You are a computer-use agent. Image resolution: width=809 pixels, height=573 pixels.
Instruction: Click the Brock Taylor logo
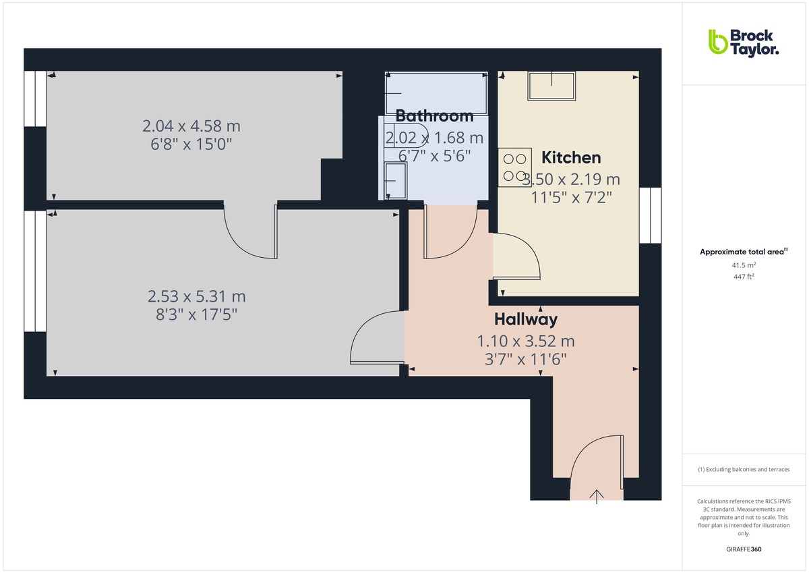(x=742, y=42)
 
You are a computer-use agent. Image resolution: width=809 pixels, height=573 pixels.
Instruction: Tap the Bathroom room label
(x=434, y=115)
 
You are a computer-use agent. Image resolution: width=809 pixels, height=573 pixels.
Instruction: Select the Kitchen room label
(x=571, y=158)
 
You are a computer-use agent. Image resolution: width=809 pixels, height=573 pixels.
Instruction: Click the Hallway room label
(x=526, y=319)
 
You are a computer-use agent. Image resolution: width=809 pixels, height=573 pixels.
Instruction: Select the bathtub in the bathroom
(x=436, y=93)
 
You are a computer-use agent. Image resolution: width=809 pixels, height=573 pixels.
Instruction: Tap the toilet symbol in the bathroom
(x=404, y=135)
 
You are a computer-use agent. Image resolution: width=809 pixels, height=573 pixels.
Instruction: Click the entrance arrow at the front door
(x=597, y=496)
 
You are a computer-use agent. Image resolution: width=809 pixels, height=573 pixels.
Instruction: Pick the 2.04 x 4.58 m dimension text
(x=191, y=126)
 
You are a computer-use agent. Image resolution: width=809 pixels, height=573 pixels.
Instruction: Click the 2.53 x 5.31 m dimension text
(x=197, y=296)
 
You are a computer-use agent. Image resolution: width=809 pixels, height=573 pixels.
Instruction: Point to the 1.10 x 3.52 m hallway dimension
(x=526, y=342)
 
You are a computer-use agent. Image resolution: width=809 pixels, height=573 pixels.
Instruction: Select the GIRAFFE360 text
(x=744, y=549)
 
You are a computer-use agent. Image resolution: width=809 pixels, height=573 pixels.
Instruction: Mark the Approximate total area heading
(x=743, y=252)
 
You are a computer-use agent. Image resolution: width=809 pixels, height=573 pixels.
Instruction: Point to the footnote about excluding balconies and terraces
(x=744, y=469)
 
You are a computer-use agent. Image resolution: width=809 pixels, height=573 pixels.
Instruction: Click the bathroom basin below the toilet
(x=396, y=181)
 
